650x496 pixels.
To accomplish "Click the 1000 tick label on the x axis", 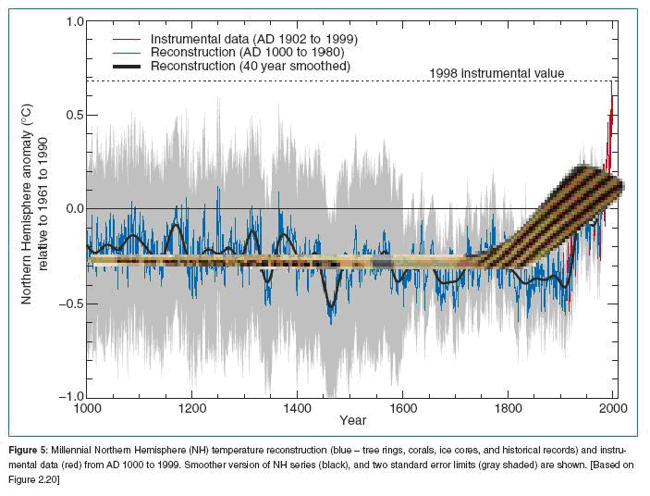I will coord(86,407).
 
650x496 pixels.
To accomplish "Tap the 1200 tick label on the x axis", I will coord(191,407).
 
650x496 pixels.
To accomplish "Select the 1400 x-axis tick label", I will coord(297,407).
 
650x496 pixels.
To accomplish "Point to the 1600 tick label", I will coord(402,407).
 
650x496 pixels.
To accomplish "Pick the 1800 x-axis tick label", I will coord(508,407).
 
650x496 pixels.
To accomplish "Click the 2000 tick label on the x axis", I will coord(613,407).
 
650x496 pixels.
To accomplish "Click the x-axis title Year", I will coord(352,421).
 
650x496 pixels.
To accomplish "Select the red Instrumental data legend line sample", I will coord(128,39).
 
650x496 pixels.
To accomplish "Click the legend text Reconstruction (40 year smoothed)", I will coord(250,66).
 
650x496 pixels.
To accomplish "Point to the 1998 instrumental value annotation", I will coord(497,73).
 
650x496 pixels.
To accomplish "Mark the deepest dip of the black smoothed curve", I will coord(331,306).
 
